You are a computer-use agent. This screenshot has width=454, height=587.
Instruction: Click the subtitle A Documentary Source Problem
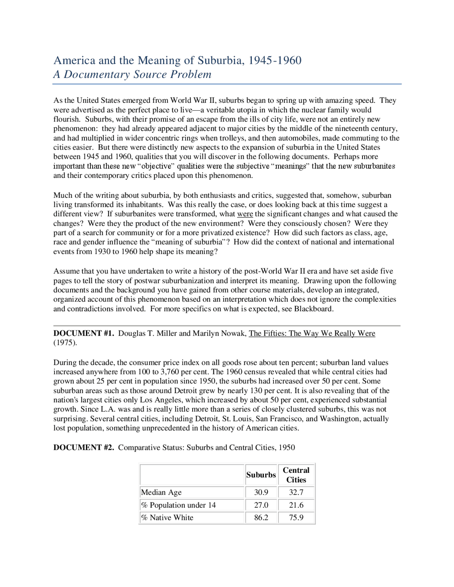tap(132, 74)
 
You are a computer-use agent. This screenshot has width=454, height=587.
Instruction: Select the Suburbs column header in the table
tap(261, 475)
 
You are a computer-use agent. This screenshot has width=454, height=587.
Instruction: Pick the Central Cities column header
tap(296, 475)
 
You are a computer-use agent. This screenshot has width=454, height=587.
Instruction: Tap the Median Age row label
tap(161, 492)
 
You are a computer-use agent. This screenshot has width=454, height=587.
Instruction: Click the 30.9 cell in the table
tap(261, 492)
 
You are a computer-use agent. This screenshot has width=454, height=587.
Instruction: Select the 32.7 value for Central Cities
tap(296, 492)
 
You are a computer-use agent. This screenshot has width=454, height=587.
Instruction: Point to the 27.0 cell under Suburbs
tap(261, 505)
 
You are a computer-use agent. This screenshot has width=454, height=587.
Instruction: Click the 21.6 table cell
tap(296, 505)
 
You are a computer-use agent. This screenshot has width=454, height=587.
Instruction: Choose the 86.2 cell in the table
tap(261, 518)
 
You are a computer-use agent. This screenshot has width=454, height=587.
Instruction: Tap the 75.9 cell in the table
tap(296, 518)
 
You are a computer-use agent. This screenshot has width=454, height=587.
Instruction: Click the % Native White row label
tap(167, 518)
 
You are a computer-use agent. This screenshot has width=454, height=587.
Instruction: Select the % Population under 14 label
tap(178, 505)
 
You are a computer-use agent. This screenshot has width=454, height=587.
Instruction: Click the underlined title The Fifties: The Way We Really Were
tap(312, 334)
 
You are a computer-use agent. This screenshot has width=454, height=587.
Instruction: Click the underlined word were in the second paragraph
tap(245, 214)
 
